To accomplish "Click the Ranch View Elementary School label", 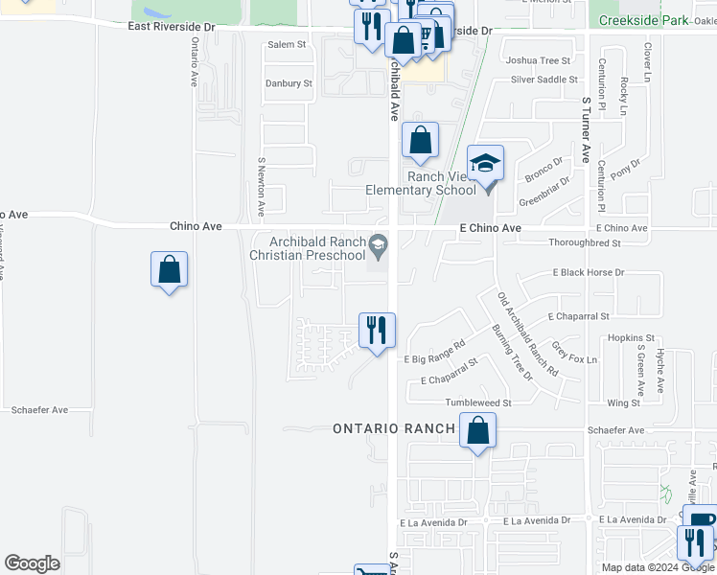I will click(x=421, y=183).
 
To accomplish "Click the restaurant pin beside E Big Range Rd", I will click(x=377, y=331).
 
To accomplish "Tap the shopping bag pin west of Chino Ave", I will click(x=169, y=270).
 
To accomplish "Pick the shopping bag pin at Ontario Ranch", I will click(x=477, y=431).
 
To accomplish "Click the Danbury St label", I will click(x=289, y=84).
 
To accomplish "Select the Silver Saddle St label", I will click(x=544, y=80).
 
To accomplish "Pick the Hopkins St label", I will click(x=631, y=338).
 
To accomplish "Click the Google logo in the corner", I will click(x=32, y=563).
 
